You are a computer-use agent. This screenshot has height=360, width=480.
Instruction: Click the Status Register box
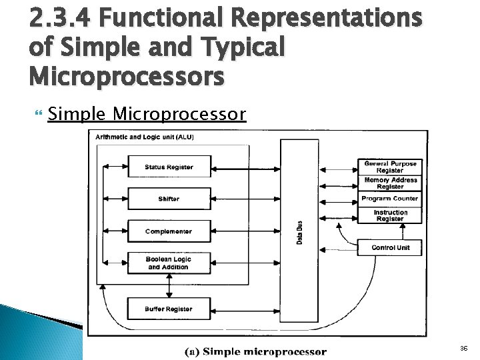(169, 167)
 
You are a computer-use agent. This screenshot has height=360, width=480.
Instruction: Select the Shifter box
(169, 199)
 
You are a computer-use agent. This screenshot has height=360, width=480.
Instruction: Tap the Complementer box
(169, 231)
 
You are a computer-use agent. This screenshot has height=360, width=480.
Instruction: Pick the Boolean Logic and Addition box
(169, 263)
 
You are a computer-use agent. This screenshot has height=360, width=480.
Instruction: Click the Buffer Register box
(169, 309)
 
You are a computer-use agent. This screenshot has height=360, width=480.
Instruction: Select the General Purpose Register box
(390, 167)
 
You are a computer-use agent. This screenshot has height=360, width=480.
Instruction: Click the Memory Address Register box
(390, 183)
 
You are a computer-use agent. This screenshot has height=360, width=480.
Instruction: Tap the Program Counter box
(390, 199)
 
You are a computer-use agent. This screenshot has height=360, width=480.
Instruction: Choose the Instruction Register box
(390, 215)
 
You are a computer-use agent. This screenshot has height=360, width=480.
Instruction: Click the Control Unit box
(390, 247)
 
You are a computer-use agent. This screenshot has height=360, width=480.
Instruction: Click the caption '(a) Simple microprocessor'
(255, 351)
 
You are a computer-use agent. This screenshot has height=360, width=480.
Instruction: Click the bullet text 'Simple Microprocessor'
(147, 115)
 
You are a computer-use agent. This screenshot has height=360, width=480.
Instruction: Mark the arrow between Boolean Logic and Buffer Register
(169, 286)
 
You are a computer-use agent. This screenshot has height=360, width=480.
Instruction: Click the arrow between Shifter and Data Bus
(246, 199)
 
